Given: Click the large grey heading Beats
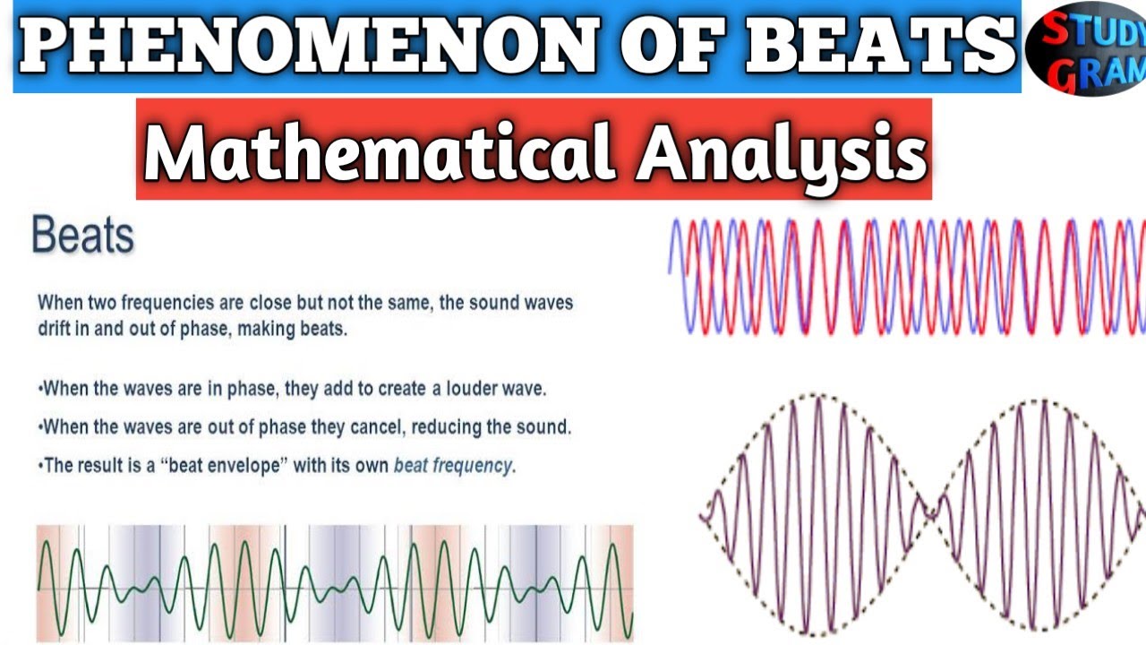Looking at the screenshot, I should point(82,236).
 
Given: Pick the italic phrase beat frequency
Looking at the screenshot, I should point(454,466).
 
